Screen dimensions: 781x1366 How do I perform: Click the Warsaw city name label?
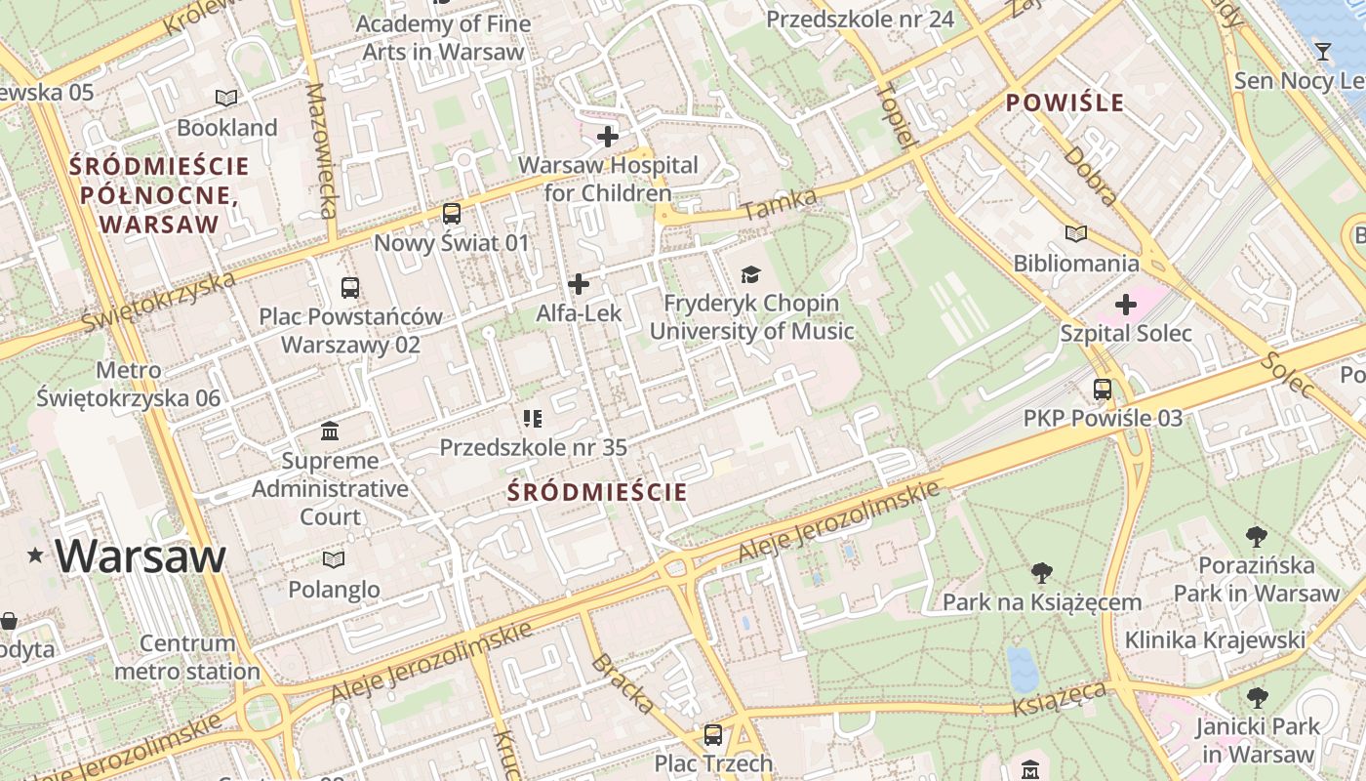pos(141,555)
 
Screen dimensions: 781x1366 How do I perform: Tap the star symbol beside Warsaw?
pos(36,555)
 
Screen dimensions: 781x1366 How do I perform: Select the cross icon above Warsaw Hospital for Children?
pos(608,137)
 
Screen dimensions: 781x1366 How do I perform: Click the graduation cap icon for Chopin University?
pos(750,275)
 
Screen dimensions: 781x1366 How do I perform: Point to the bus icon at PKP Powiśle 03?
pos(1103,390)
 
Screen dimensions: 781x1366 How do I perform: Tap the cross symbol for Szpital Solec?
pos(1126,305)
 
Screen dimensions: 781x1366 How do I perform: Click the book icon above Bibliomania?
pos(1076,233)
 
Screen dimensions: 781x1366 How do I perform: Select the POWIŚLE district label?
pos(1065,103)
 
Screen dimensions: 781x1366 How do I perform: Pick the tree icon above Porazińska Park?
pos(1257,536)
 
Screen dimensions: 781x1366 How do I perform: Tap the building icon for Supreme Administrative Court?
pos(330,431)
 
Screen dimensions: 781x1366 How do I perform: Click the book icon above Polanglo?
pos(334,559)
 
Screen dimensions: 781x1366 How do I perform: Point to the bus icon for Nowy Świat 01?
pos(451,214)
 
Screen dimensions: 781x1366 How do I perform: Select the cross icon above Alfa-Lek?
pos(579,284)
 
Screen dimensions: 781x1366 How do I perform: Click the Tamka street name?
pos(779,204)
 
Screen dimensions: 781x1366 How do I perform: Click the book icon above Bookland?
pos(226,98)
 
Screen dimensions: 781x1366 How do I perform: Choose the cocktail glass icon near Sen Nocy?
pos(1323,52)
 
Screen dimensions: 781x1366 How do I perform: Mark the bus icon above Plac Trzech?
pos(713,734)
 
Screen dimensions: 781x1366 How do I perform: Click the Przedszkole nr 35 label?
pos(533,447)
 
